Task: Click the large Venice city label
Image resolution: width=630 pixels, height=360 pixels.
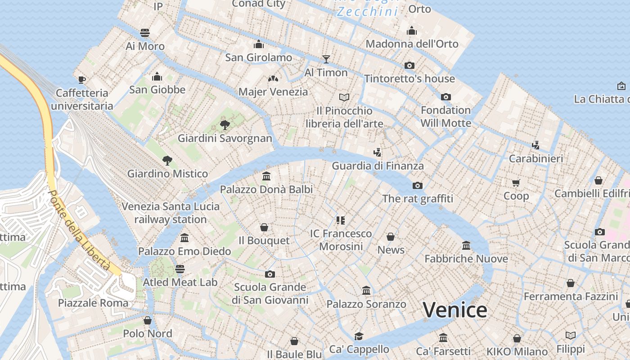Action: coord(455,310)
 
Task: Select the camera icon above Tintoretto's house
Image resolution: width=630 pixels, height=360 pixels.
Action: coord(409,65)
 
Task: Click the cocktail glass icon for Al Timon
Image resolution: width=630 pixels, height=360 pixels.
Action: coord(326,59)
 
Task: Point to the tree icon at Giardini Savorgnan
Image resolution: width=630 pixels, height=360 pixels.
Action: coord(225,125)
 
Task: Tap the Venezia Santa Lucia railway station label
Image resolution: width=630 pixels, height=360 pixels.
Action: coord(171,213)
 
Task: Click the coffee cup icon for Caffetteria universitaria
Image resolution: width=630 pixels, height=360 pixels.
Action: coord(81,80)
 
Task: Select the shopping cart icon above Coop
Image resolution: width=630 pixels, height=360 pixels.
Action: coord(516,183)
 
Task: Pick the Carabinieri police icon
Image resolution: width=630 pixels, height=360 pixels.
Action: coord(535,145)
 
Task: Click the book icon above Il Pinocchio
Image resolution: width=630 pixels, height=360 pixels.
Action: coord(344,97)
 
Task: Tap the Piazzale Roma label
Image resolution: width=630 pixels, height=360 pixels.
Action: coord(93,303)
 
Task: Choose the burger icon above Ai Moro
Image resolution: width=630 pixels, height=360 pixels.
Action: coord(144,32)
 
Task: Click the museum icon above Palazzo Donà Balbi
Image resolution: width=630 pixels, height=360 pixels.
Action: coord(266,176)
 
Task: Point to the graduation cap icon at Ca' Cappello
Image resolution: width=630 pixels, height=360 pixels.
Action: coord(359,336)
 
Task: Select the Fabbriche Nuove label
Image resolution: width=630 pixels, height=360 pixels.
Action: coord(466,259)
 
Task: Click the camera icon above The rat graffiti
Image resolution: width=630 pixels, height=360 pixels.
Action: coord(417,185)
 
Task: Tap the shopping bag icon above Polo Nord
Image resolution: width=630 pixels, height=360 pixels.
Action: coord(147,320)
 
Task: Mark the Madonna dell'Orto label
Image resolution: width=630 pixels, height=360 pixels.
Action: coord(412,44)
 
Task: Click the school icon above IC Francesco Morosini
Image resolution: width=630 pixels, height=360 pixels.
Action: coord(341,220)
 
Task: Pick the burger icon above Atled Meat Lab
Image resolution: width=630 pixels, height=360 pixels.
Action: coord(180,269)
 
